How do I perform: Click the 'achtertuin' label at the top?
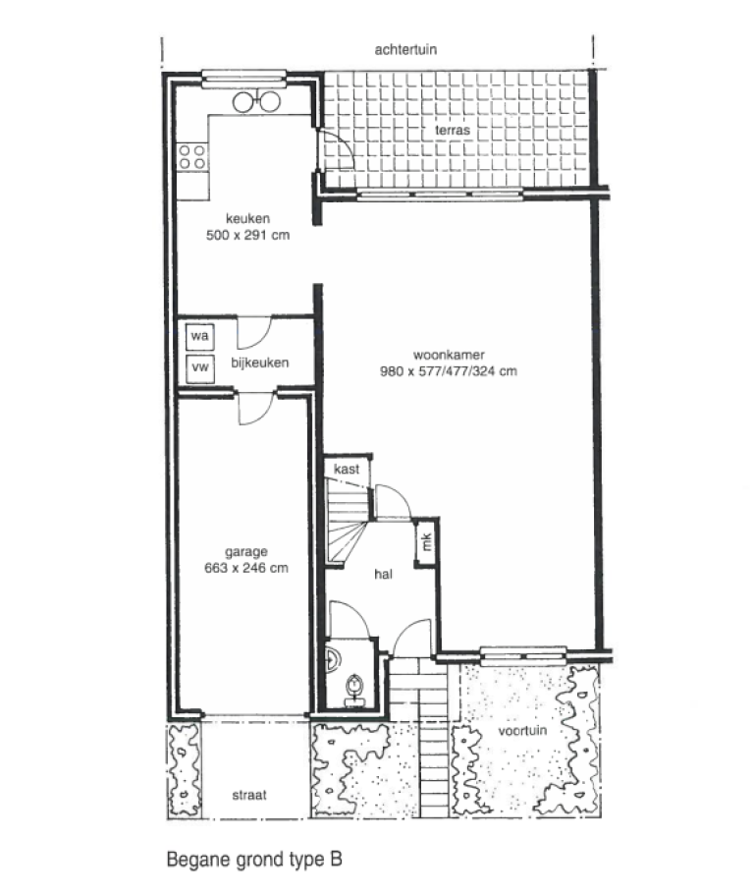coord(405,49)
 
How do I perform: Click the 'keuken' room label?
coord(246,219)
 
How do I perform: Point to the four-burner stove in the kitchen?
coord(191,155)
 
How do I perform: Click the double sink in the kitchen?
coord(256,101)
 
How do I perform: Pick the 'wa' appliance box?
coord(200,336)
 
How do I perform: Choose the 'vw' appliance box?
coord(200,367)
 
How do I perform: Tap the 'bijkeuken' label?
coord(259,363)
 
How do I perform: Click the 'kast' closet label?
coord(347,470)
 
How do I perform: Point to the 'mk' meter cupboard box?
coord(427,541)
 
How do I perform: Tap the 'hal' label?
coord(383,575)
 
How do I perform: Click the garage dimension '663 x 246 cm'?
coord(245,568)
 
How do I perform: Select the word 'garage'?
coord(245,551)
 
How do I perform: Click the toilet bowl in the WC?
coord(353,684)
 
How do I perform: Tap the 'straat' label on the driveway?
coord(248,794)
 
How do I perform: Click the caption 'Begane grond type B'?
coord(252,861)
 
